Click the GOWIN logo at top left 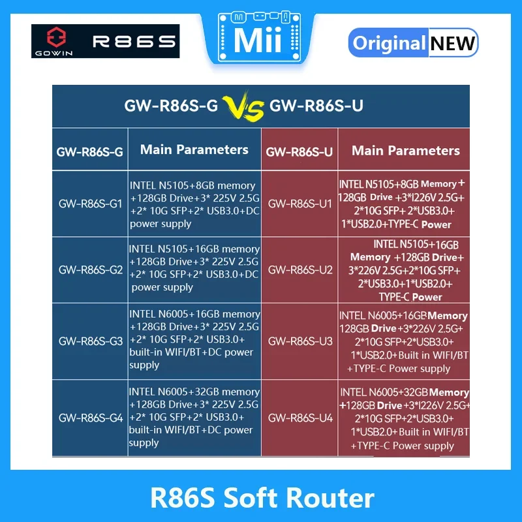tap(52, 41)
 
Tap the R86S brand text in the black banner tap(134, 41)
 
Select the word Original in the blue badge tap(390, 44)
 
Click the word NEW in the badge tap(452, 44)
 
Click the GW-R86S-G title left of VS tap(172, 106)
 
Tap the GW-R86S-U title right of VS tap(316, 106)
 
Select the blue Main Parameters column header tap(194, 149)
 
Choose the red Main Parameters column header tap(406, 151)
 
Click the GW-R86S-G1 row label tap(91, 204)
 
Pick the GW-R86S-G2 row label tap(91, 269)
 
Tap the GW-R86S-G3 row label tap(91, 341)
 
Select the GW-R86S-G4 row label tap(91, 418)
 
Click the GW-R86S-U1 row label tap(300, 204)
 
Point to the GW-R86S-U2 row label tap(300, 269)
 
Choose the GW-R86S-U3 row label tap(300, 341)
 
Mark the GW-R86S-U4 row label tap(300, 418)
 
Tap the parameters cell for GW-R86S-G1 tap(194, 204)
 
